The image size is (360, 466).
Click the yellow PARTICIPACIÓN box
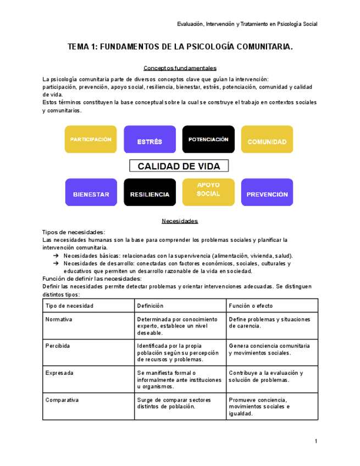(91, 140)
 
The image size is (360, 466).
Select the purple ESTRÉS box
(149, 140)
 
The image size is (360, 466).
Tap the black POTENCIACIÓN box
(208, 140)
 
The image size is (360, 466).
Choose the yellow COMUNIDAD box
(267, 140)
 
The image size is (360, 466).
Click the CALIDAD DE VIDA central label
(179, 166)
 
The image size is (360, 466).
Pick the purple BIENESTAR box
(91, 192)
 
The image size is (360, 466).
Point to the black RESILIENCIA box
(149, 192)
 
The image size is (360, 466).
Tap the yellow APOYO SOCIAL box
(208, 192)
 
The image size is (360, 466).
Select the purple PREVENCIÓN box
(267, 192)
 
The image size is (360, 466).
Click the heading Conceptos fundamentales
(180, 68)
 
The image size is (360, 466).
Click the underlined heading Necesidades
(180, 221)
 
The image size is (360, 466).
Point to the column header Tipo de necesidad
(69, 306)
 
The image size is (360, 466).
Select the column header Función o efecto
(251, 306)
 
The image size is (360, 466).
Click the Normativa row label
(59, 319)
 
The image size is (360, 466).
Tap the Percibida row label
(58, 346)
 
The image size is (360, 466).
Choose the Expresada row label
(59, 373)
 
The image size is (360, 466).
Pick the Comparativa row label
(62, 400)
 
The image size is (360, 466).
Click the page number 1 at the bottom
(316, 441)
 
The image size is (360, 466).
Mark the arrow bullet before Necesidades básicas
(56, 256)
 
